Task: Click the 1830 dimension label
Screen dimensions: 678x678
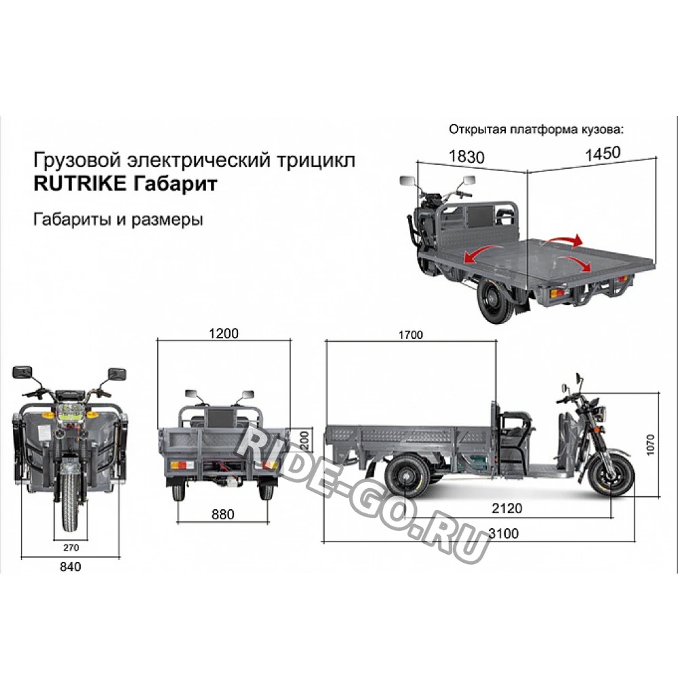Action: [x=466, y=156]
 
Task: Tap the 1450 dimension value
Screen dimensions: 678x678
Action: [x=603, y=153]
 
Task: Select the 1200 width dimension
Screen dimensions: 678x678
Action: [x=224, y=334]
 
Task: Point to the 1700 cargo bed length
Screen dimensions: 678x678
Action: [x=411, y=335]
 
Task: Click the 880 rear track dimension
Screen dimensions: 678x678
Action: [x=222, y=514]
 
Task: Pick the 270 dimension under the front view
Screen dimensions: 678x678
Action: [x=71, y=547]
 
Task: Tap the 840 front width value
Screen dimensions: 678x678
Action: [x=70, y=566]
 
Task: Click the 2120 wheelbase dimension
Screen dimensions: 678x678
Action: [x=506, y=508]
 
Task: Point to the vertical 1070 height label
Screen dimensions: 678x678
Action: [x=650, y=444]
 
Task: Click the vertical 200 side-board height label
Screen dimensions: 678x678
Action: [x=305, y=440]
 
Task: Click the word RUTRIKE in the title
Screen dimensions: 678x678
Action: [x=80, y=183]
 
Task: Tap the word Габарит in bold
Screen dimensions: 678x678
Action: [x=175, y=184]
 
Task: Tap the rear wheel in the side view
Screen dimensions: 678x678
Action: [x=407, y=475]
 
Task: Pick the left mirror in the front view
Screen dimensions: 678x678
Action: [x=22, y=372]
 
